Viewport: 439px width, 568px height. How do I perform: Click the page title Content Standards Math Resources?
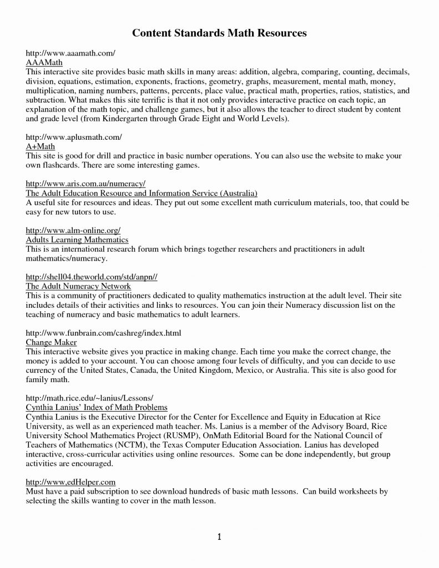(x=219, y=33)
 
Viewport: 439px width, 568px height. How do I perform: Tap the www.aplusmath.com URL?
(x=74, y=136)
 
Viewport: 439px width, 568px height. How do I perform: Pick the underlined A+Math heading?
(x=42, y=146)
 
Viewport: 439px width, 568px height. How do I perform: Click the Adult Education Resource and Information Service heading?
(x=142, y=192)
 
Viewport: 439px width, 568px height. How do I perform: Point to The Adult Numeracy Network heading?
(x=78, y=286)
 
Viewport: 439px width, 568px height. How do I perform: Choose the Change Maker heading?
(x=51, y=342)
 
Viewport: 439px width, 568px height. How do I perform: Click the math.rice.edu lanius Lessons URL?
(x=89, y=398)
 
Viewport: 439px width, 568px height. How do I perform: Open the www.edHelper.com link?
(x=70, y=482)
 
